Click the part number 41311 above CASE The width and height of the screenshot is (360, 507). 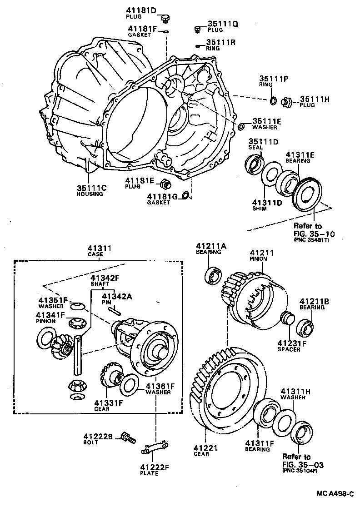(100, 249)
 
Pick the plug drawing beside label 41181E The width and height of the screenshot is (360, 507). (166, 184)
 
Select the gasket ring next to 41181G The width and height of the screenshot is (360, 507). (186, 195)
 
